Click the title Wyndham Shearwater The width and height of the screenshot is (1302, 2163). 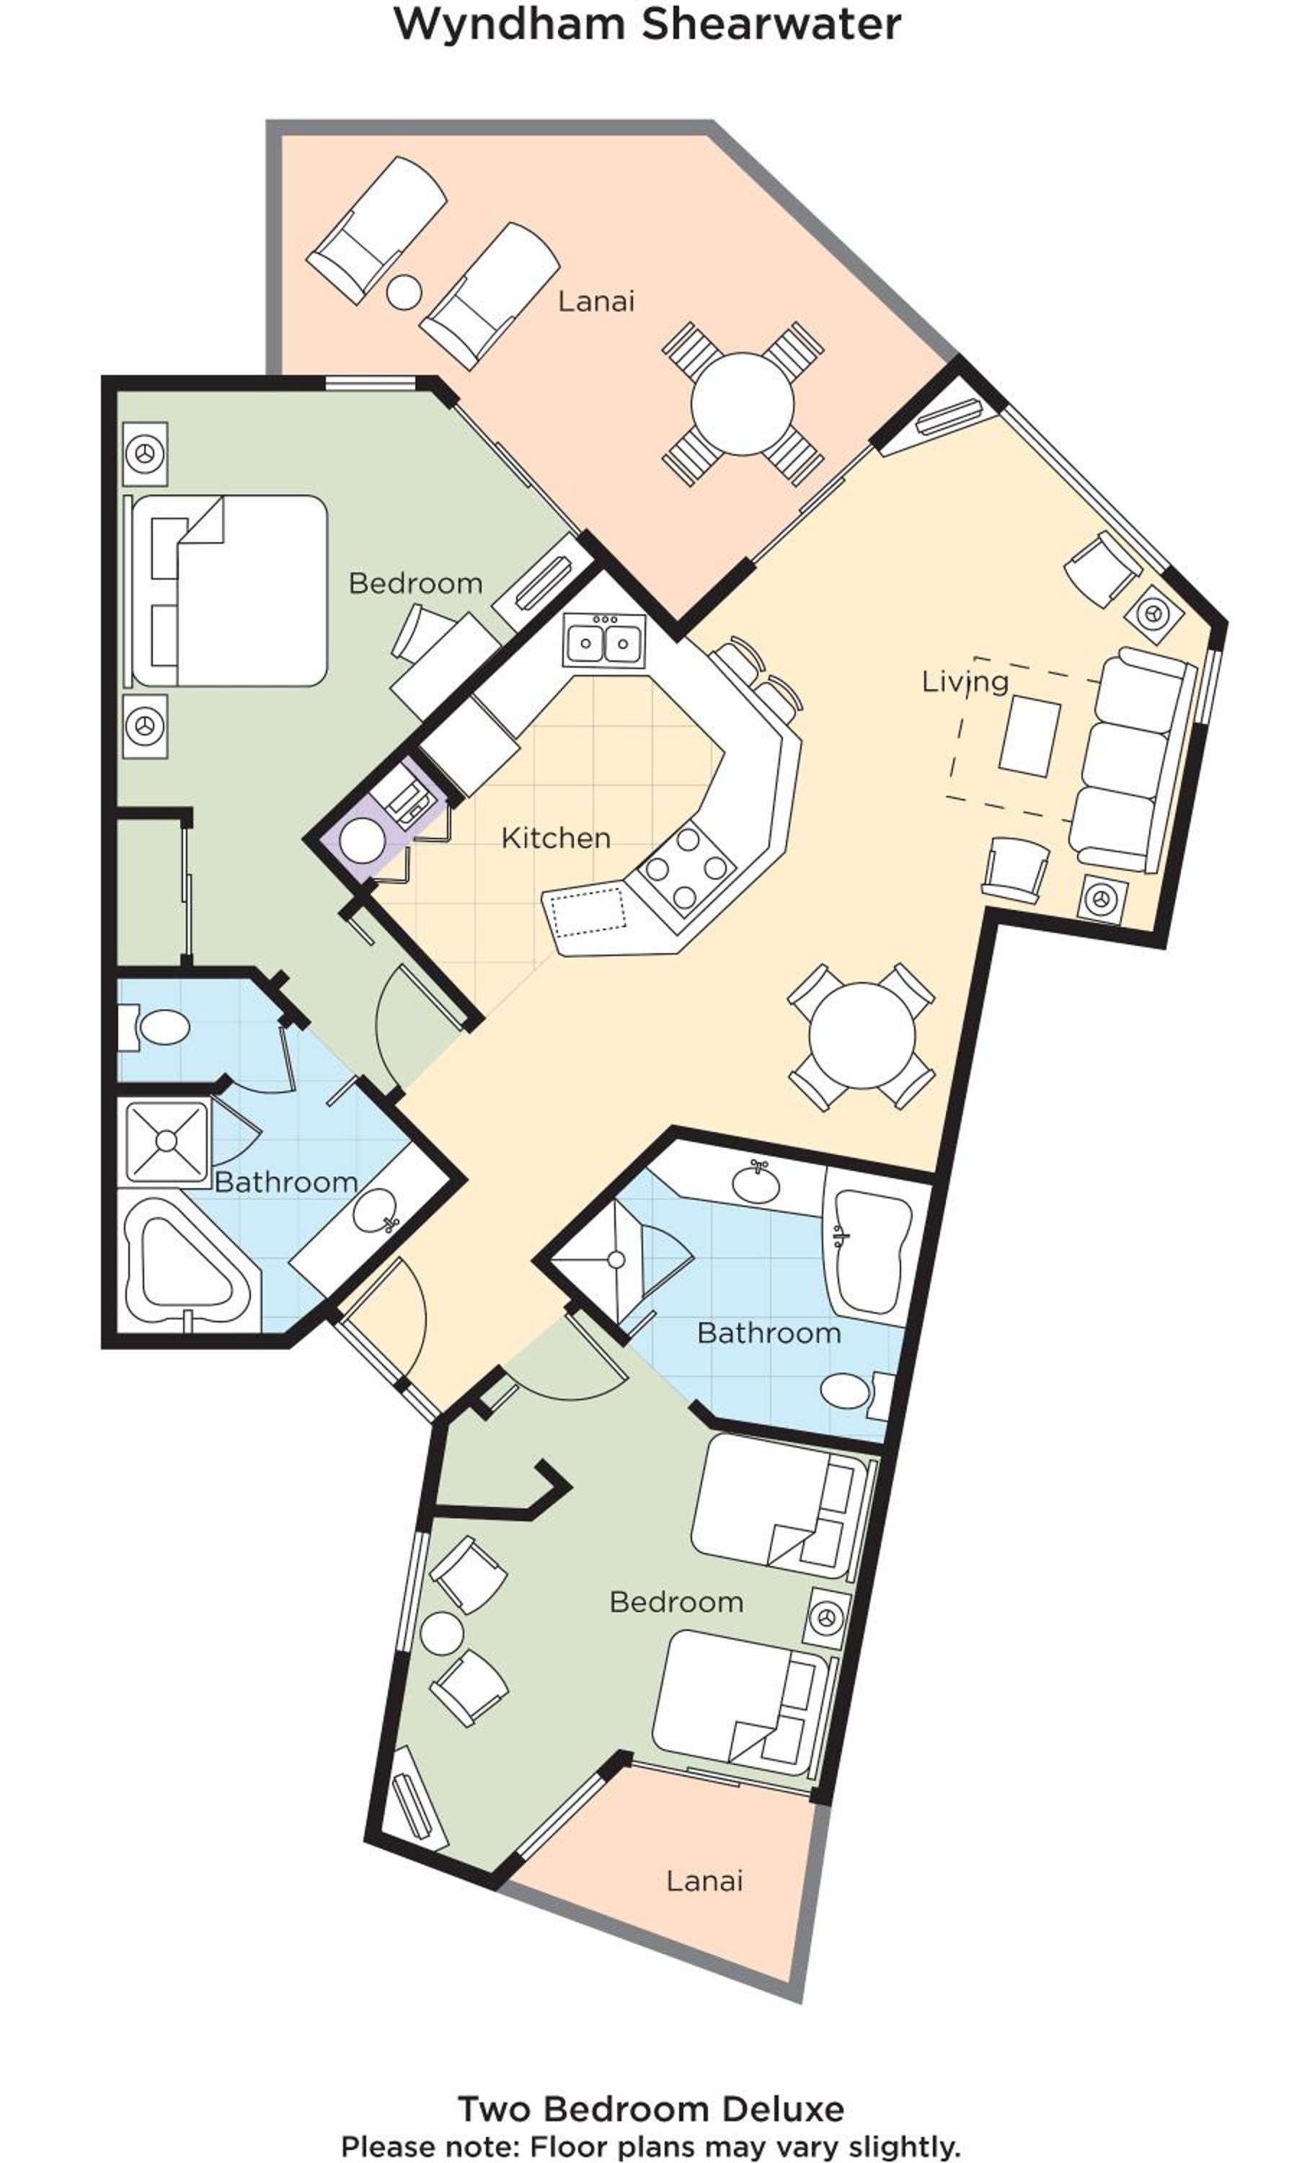647,24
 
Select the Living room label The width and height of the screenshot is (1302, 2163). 965,683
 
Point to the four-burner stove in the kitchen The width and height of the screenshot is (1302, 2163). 687,868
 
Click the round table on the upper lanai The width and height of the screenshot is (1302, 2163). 743,404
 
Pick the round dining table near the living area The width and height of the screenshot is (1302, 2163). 862,1035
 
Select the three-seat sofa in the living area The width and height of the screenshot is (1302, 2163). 1132,760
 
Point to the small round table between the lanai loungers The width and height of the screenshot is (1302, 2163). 404,292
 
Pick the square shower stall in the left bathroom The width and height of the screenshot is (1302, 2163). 167,1141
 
